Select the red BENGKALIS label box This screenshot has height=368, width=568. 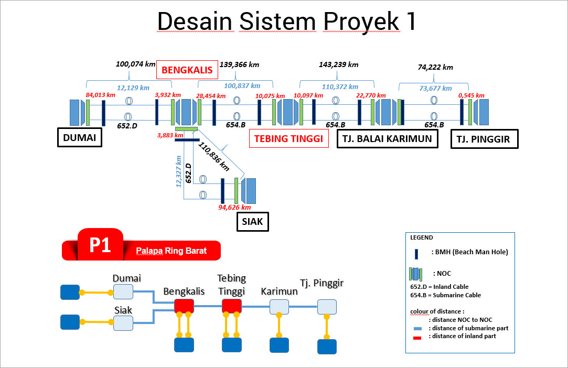pos(186,70)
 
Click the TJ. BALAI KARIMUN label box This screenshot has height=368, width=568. pos(387,138)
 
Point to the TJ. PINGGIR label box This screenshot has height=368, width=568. pos(485,139)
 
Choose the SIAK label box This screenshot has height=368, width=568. pos(252,221)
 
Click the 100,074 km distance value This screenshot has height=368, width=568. pos(136,64)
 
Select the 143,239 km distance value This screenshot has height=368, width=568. pos(338,64)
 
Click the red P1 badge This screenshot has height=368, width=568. pos(100,244)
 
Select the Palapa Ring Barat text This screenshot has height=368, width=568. pos(171,251)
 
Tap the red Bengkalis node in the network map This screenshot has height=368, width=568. pos(184,306)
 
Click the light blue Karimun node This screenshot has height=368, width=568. pos(279,307)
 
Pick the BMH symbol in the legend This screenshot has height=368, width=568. pos(416,254)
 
